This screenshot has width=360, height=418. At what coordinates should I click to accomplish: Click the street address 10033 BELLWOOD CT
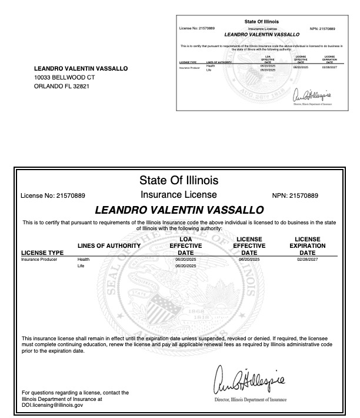click(x=65, y=77)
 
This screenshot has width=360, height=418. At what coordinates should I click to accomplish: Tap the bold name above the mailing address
click(x=81, y=68)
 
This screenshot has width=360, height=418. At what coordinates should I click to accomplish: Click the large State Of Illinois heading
click(x=179, y=180)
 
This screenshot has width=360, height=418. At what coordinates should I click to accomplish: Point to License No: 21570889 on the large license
click(x=53, y=195)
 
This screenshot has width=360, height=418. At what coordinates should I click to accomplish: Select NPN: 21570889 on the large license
click(x=295, y=195)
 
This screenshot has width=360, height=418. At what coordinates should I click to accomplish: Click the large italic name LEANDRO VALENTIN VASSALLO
click(x=179, y=210)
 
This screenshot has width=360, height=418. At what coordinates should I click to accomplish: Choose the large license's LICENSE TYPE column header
click(x=42, y=253)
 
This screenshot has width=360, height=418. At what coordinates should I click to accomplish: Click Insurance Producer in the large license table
click(x=39, y=259)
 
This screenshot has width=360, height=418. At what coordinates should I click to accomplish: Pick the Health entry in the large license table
click(x=83, y=259)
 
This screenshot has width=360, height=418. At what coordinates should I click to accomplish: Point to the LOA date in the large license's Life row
click(x=185, y=266)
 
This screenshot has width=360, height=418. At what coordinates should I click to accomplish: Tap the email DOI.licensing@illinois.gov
click(x=52, y=405)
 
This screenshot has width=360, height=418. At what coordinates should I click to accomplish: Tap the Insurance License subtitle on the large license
click(x=179, y=194)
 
